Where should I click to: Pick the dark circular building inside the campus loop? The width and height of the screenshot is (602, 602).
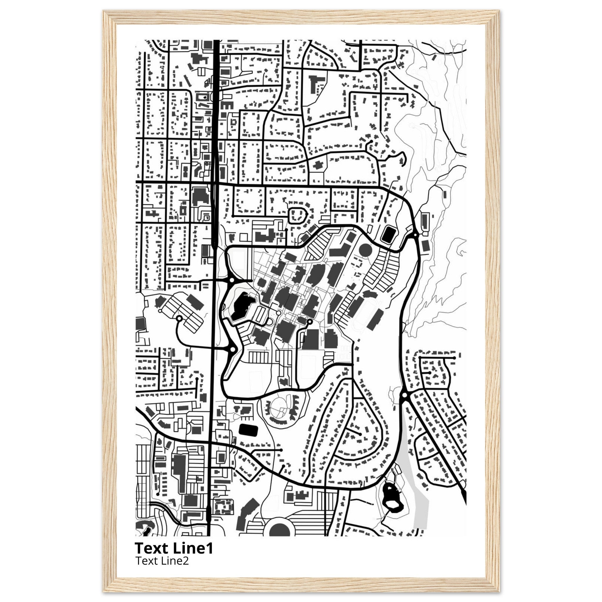pos(365,250)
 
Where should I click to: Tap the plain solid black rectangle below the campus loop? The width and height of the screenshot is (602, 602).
pos(248,430)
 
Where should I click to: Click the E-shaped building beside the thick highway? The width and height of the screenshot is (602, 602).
pos(226,105)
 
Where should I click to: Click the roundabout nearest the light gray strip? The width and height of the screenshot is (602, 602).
pos(405,395)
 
